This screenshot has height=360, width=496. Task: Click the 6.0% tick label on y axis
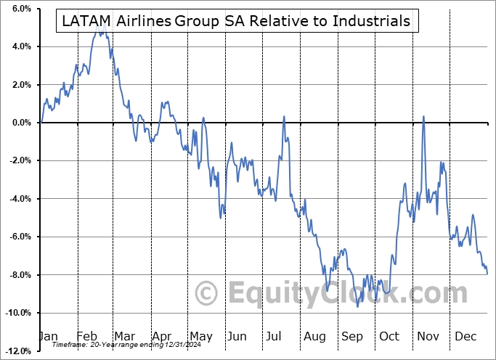click(20, 9)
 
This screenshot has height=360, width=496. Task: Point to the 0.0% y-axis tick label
click(20, 123)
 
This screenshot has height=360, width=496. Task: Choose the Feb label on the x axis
click(86, 336)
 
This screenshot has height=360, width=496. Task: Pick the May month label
click(200, 336)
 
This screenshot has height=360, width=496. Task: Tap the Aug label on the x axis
click(314, 336)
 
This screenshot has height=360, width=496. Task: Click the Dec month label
click(465, 336)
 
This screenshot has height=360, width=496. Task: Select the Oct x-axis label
click(389, 336)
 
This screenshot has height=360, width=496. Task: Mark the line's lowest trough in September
click(357, 306)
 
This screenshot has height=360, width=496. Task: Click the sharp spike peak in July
click(284, 116)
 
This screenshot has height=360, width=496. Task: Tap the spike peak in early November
click(423, 116)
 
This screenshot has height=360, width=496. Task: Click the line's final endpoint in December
click(487, 274)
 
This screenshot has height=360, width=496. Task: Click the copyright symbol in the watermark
click(208, 294)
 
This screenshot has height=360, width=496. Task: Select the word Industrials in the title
click(371, 21)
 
